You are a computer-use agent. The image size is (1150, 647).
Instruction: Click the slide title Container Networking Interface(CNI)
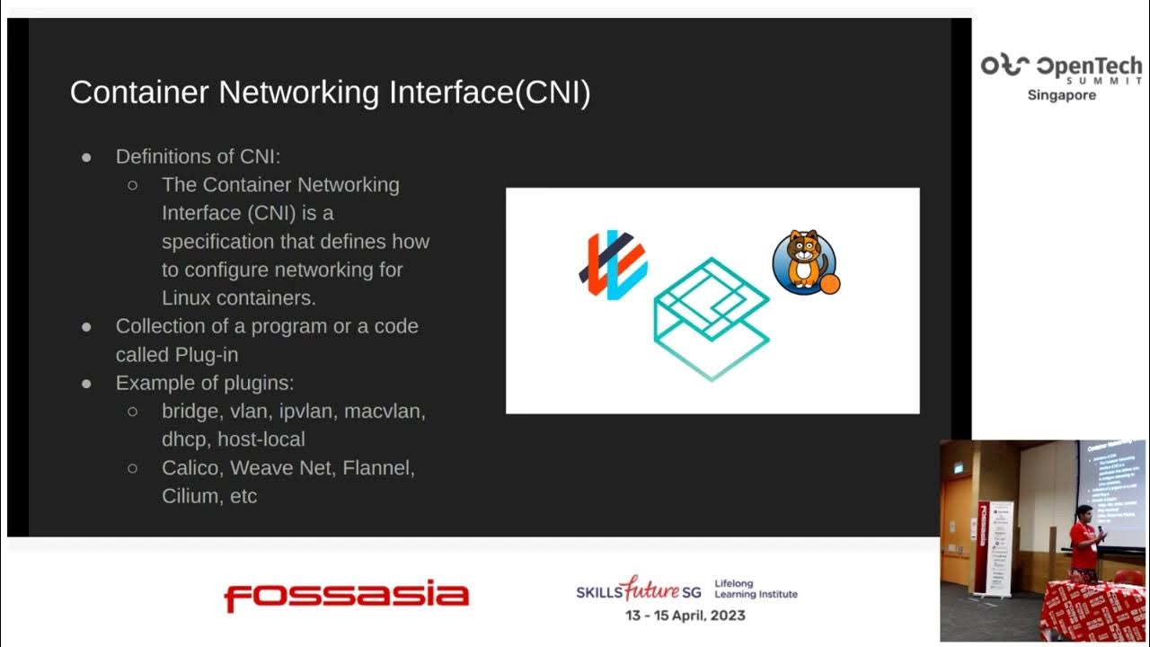(330, 93)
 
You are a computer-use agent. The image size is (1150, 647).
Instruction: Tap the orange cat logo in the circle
(805, 261)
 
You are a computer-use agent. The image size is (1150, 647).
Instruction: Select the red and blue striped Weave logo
(612, 265)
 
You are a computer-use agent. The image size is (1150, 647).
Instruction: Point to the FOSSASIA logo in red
(346, 596)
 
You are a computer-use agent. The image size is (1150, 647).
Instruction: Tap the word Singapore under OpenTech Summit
(1061, 95)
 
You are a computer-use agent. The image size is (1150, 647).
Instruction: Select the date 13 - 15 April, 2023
(686, 616)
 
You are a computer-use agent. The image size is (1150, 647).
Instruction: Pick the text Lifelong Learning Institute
(756, 589)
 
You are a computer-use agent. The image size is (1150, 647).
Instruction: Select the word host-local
(261, 439)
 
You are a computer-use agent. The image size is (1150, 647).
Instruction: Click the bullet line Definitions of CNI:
(198, 156)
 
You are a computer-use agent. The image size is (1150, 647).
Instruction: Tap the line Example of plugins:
(205, 383)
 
